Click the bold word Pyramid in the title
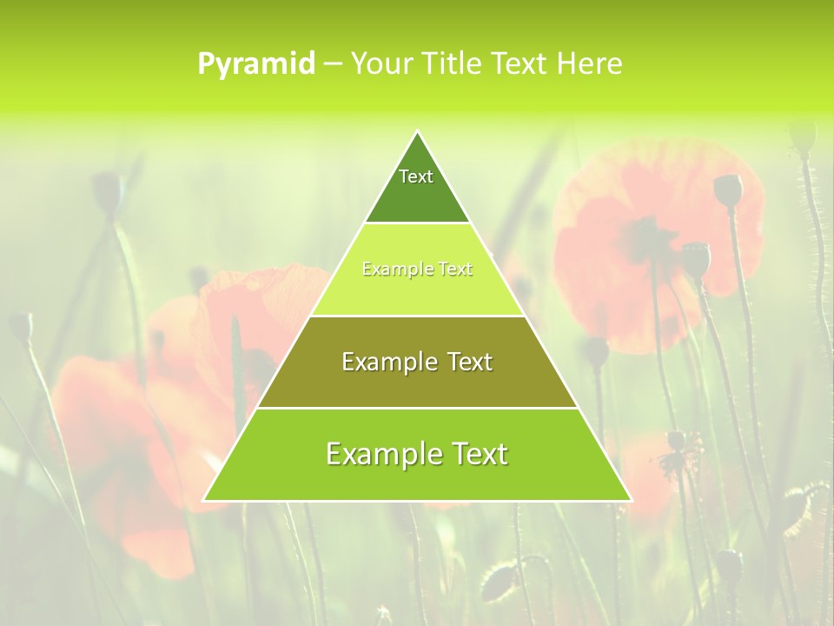tap(256, 64)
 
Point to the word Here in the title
tap(591, 63)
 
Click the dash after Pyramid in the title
tap(332, 64)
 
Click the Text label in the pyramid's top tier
tap(416, 176)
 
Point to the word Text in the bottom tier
tap(477, 454)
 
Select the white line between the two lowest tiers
tap(417, 408)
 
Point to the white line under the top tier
tap(417, 223)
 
